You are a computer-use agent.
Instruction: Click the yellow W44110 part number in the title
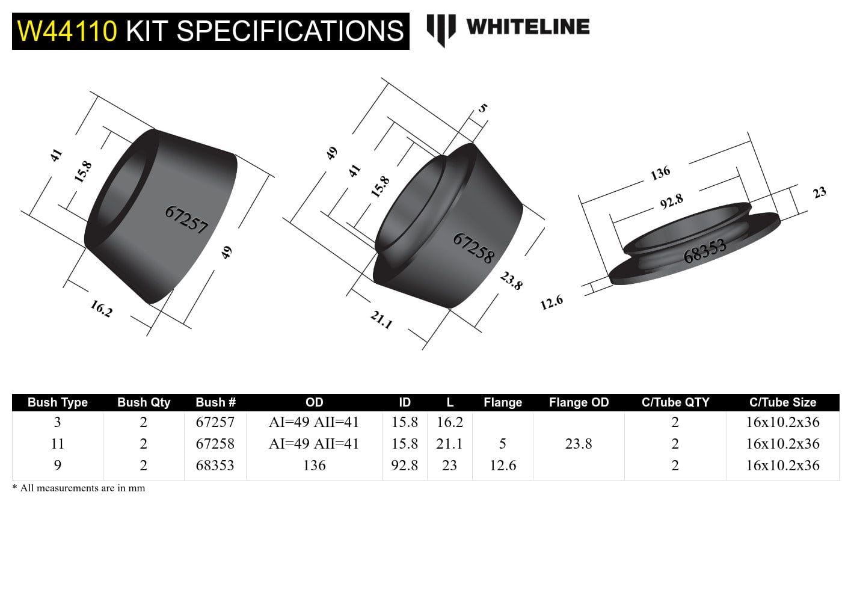(x=67, y=31)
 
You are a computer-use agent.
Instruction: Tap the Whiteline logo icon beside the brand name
(x=440, y=29)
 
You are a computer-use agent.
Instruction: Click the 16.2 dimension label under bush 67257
(x=101, y=309)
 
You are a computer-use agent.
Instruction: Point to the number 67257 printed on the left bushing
(x=186, y=220)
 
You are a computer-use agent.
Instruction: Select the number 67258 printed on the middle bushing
(x=474, y=248)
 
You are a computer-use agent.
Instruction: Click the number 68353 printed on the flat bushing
(x=705, y=250)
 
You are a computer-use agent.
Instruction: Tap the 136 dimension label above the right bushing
(x=660, y=173)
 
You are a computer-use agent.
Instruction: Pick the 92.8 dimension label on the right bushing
(x=671, y=201)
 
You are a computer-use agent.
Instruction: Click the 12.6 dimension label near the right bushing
(x=552, y=302)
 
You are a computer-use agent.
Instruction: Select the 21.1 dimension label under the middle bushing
(x=381, y=319)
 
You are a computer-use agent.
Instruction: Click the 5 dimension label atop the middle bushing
(x=482, y=109)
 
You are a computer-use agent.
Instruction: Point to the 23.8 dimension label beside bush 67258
(x=511, y=280)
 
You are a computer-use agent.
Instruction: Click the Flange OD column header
(x=579, y=402)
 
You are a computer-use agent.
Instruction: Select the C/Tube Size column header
(x=782, y=402)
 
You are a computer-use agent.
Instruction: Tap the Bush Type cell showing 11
(x=58, y=444)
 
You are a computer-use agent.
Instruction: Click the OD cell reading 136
(x=314, y=465)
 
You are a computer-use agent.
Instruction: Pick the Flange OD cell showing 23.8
(x=579, y=444)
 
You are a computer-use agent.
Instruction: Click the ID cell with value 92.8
(x=404, y=465)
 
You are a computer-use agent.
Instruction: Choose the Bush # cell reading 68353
(x=215, y=465)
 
